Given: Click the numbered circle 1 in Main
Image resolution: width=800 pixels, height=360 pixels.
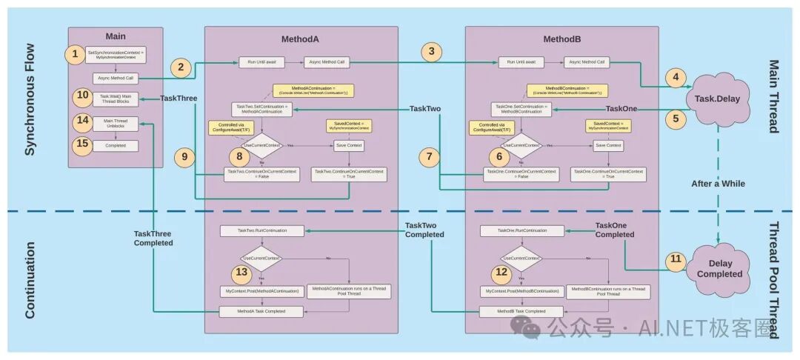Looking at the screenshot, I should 75,54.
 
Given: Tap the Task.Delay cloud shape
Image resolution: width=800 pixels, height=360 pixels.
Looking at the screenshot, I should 716,98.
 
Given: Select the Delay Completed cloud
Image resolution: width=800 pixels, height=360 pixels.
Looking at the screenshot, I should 716,268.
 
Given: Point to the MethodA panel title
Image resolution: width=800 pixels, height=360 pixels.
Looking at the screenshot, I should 299,38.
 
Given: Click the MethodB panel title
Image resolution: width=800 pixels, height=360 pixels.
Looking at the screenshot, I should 561,38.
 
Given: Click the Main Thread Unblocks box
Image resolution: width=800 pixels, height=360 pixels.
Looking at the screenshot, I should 115,122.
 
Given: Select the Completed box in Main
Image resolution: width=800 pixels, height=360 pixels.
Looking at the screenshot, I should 115,146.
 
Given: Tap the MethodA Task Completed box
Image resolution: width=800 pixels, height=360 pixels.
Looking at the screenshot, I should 261,311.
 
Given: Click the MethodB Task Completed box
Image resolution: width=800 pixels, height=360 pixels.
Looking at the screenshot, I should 521,311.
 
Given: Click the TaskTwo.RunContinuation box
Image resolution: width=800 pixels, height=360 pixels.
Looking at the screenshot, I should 261,231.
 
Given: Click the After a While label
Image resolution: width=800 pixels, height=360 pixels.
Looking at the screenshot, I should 716,183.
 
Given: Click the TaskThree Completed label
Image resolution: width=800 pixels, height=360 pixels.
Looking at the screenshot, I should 153,238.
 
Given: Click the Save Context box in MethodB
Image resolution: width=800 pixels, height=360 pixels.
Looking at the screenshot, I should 609,145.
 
